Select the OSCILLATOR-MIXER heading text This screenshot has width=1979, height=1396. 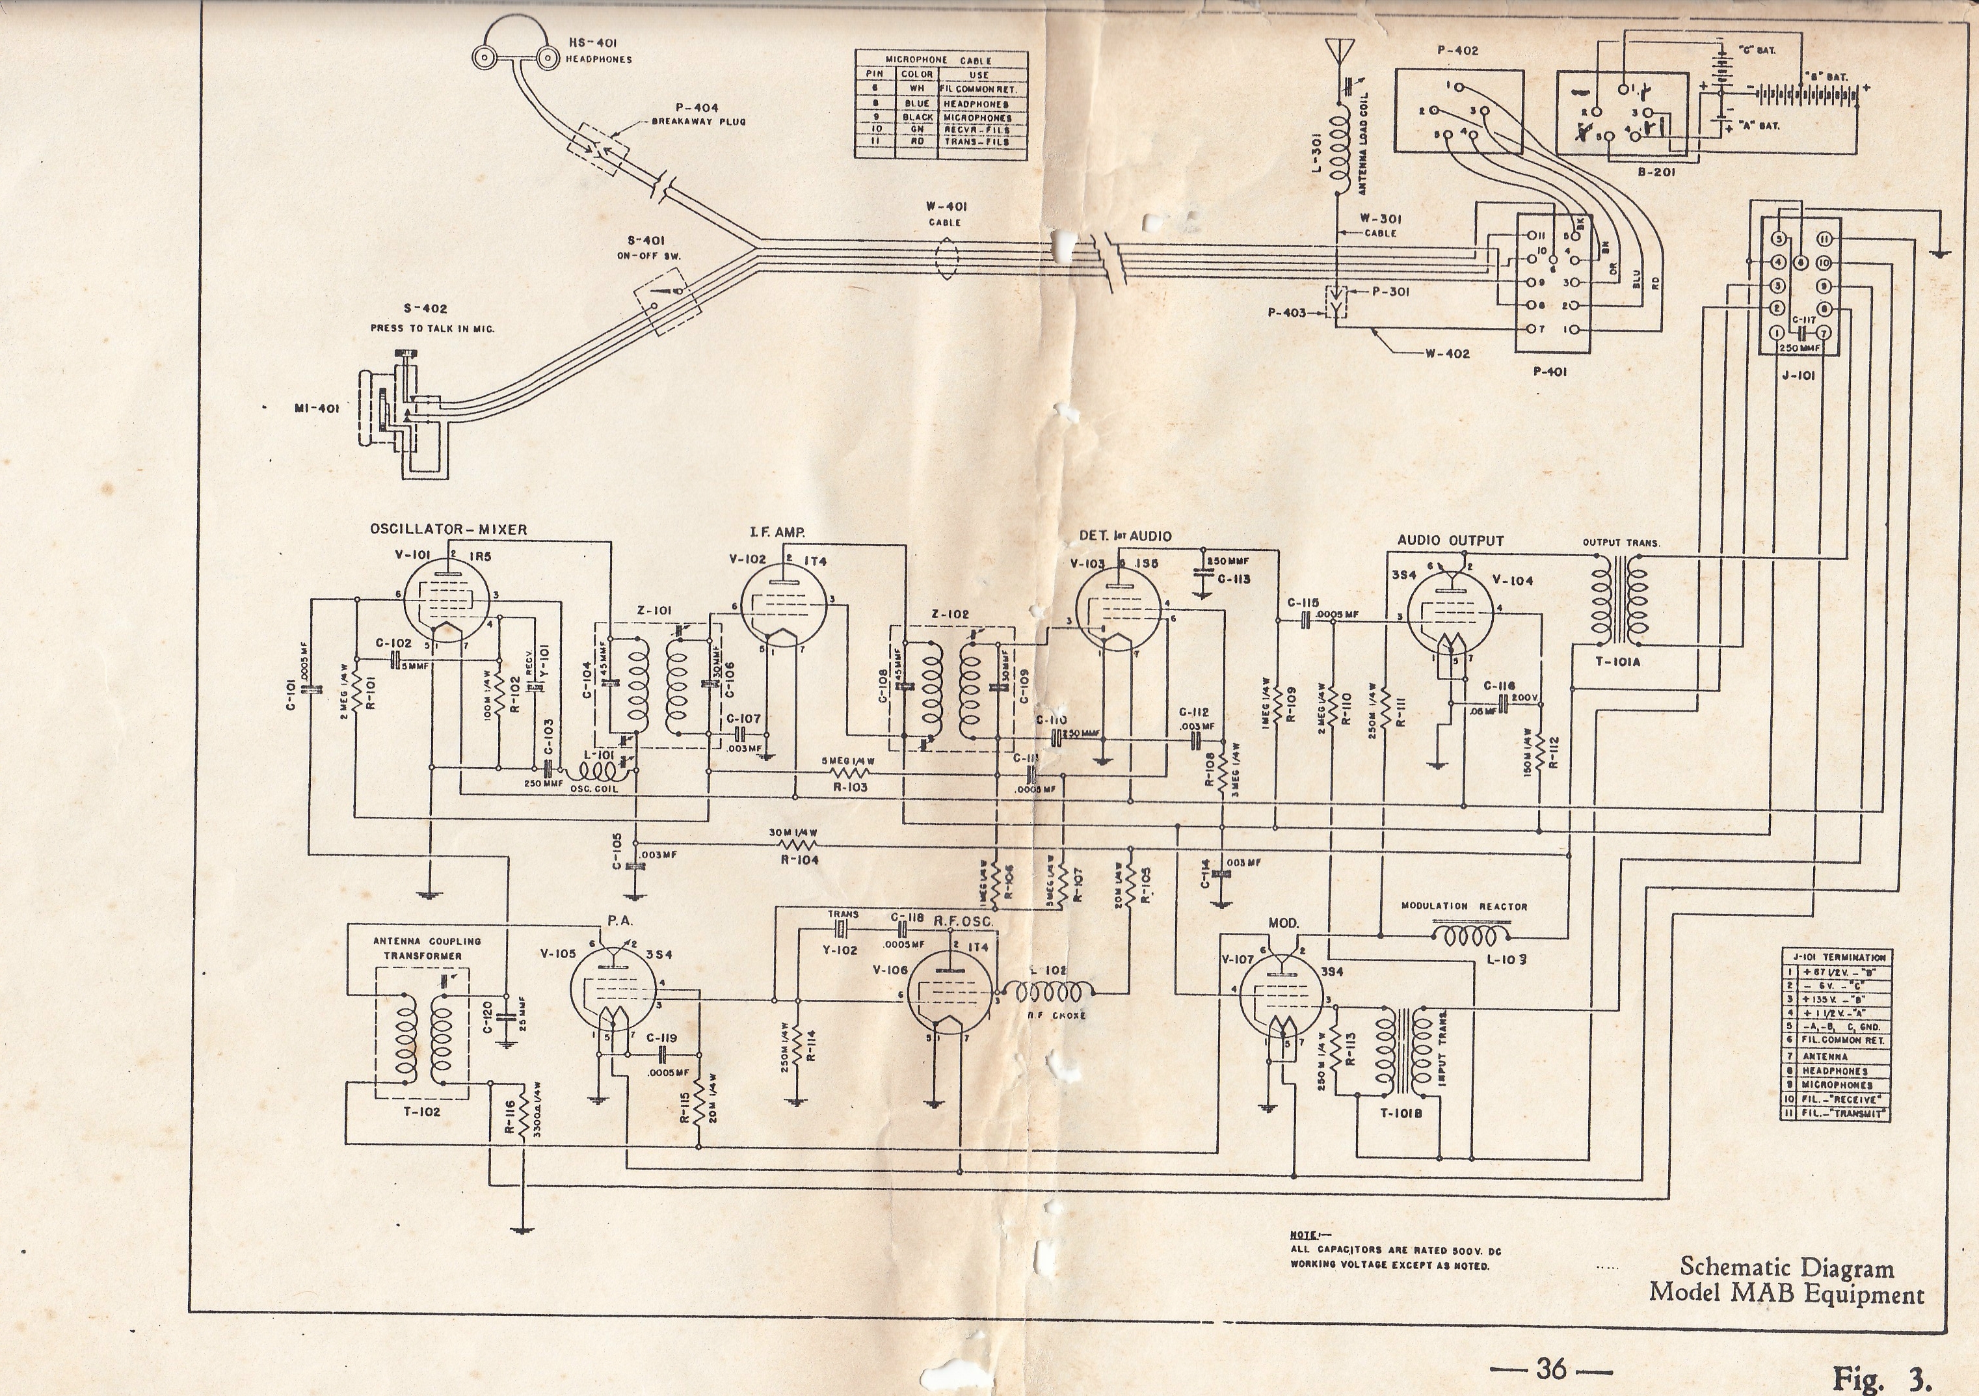[x=448, y=530]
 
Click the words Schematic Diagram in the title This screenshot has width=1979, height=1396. [x=1786, y=1268]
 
